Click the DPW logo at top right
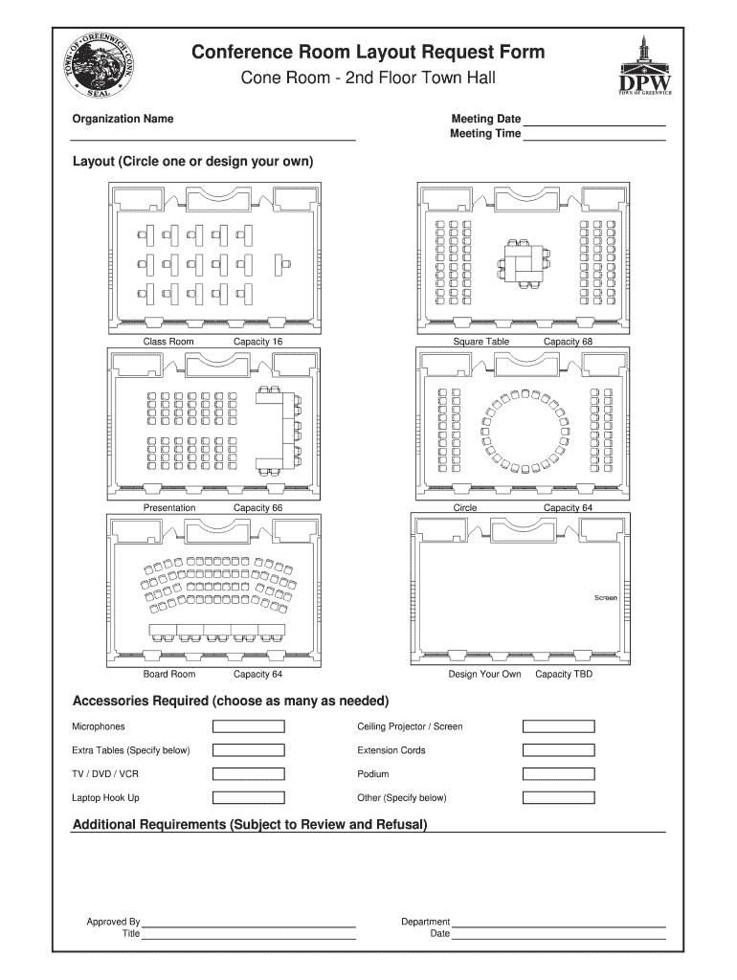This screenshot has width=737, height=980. pos(647,67)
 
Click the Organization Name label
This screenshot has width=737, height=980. pos(123,120)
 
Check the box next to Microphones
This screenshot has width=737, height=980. pos(248,726)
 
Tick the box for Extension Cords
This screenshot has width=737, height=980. pos(558,750)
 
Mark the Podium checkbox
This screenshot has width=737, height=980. pos(558,774)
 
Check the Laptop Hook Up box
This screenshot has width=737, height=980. pos(248,798)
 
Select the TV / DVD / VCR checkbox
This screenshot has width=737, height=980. pos(248,774)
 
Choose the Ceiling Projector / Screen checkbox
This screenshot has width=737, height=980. pos(558,726)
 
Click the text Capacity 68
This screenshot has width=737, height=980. pos(569,342)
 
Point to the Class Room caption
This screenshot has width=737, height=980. pos(168,342)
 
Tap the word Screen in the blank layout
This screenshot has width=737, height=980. pos(606,597)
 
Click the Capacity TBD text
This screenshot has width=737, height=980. pos(564,675)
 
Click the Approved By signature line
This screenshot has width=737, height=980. pos(249,925)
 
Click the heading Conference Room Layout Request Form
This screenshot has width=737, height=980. pos(368,52)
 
